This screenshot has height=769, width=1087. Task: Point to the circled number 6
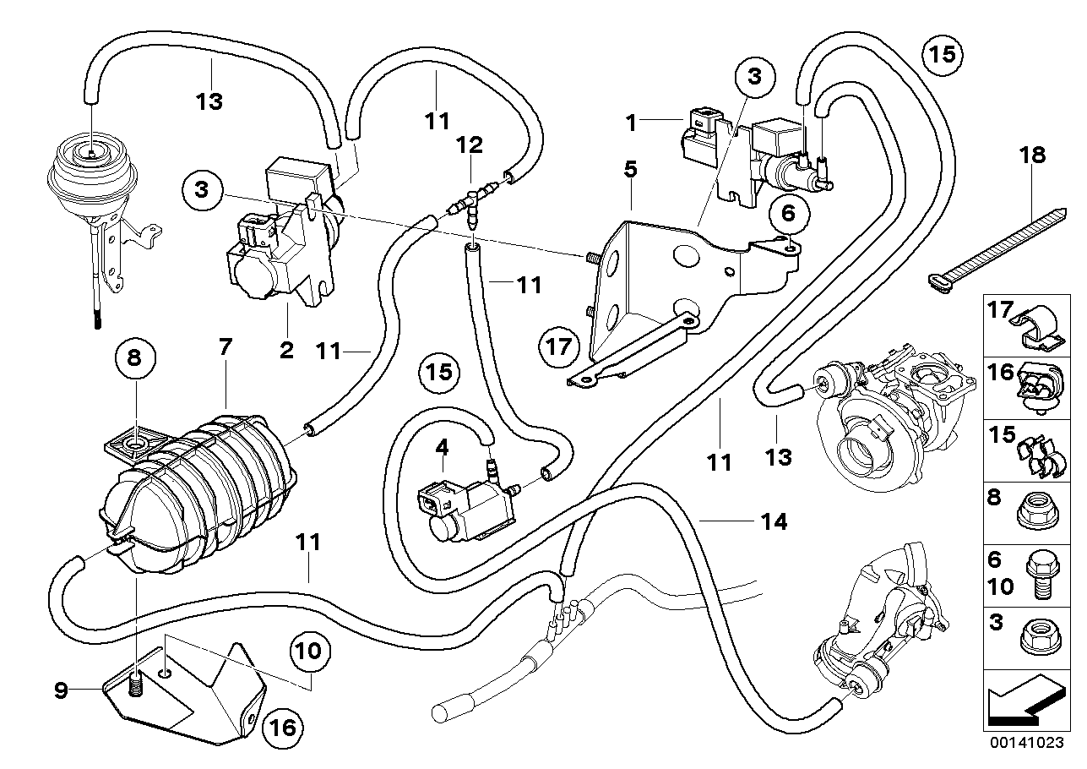(787, 214)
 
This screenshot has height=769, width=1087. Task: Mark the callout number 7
(225, 347)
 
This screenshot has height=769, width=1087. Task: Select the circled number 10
(309, 652)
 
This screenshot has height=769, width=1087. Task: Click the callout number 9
(60, 690)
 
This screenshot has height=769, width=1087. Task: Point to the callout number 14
(774, 523)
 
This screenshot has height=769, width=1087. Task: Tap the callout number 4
(441, 448)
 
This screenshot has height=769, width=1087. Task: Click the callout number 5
(630, 169)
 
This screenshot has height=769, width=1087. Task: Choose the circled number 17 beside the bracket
(563, 346)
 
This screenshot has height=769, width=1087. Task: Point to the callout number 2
(287, 348)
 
